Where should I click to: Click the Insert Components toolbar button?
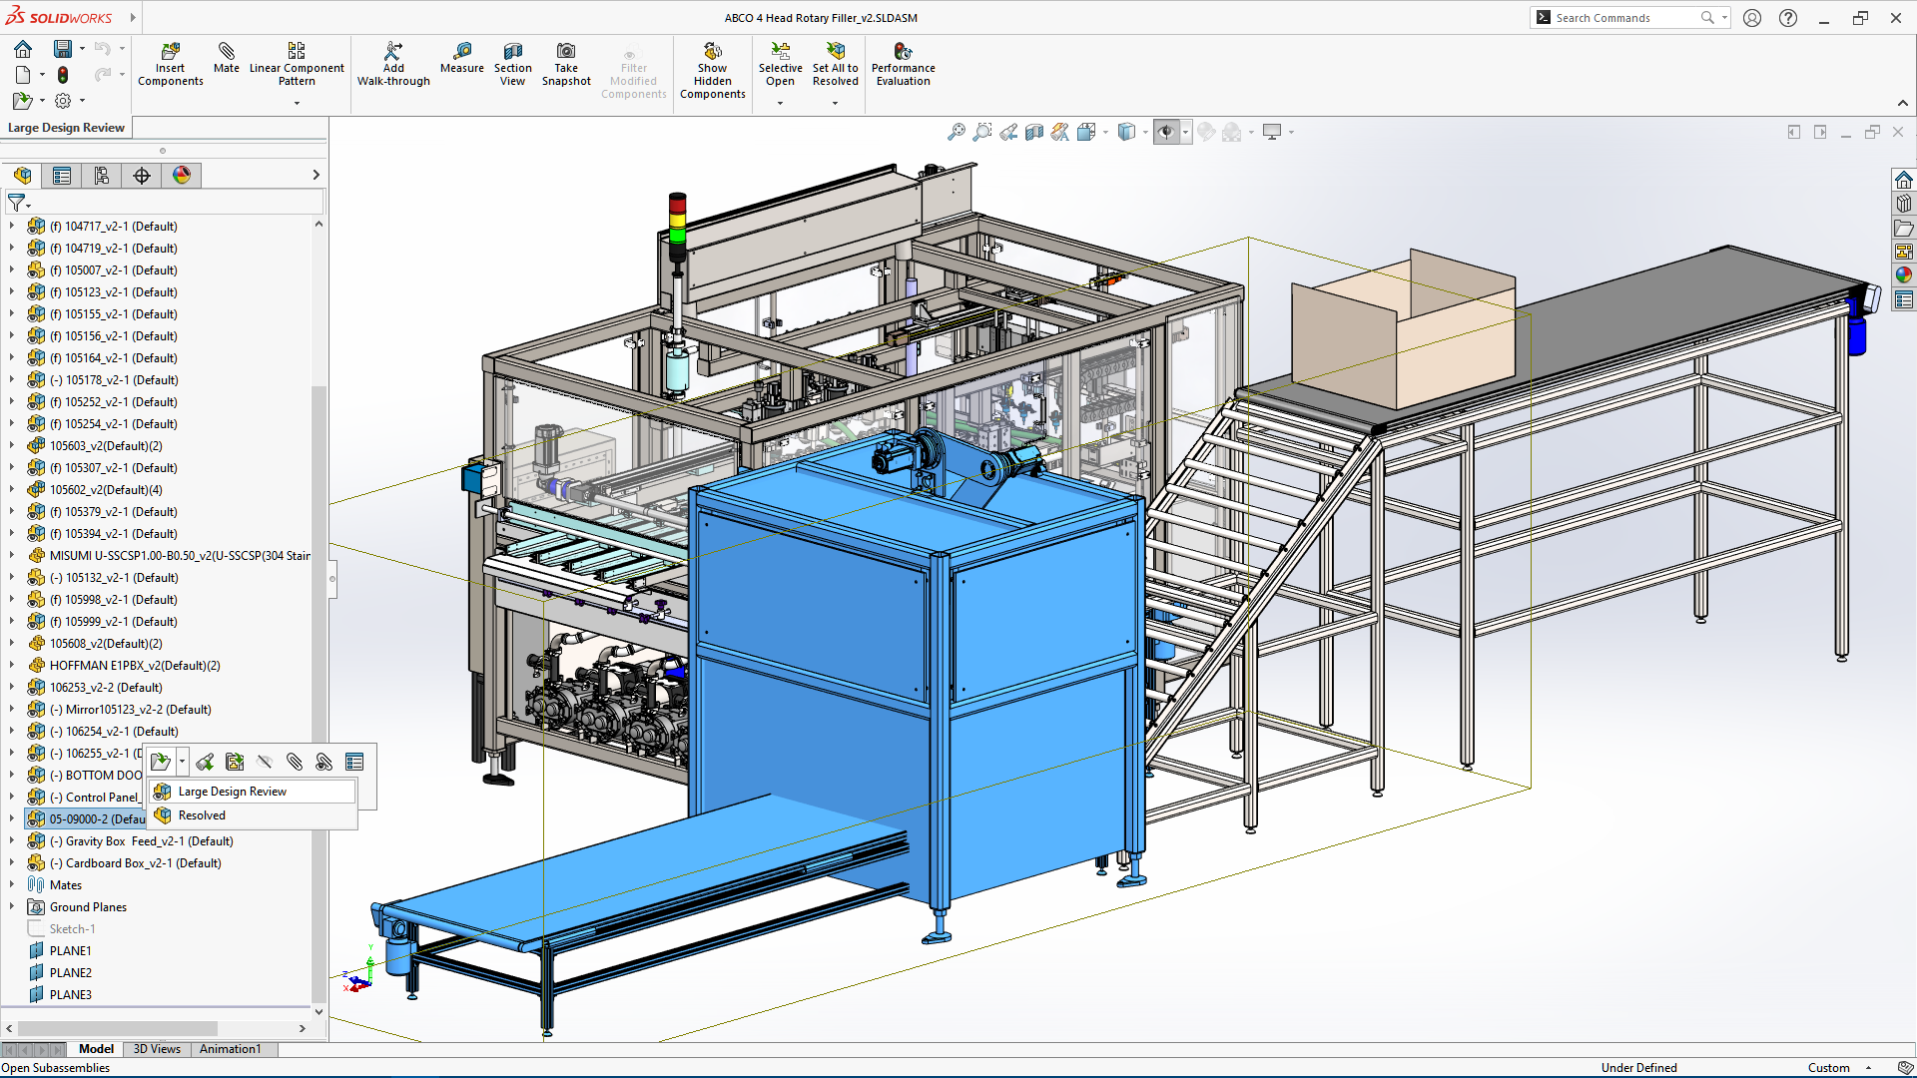pyautogui.click(x=170, y=64)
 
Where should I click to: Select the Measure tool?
pyautogui.click(x=461, y=58)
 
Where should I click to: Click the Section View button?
pyautogui.click(x=512, y=64)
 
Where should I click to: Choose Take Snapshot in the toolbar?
pyautogui.click(x=566, y=64)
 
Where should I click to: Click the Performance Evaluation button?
pyautogui.click(x=903, y=64)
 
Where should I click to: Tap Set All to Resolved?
pyautogui.click(x=835, y=64)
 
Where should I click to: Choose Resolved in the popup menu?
pyautogui.click(x=202, y=815)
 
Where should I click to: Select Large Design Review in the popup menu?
pyautogui.click(x=232, y=792)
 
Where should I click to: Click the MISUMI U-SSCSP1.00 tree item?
pyautogui.click(x=180, y=556)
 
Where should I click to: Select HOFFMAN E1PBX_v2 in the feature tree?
pyautogui.click(x=135, y=666)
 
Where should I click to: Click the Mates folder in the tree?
pyautogui.click(x=66, y=885)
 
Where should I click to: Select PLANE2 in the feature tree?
pyautogui.click(x=70, y=973)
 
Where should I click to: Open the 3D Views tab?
pyautogui.click(x=157, y=1049)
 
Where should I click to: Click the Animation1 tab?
pyautogui.click(x=230, y=1049)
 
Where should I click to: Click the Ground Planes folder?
pyautogui.click(x=88, y=907)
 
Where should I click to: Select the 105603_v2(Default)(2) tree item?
pyautogui.click(x=106, y=446)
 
